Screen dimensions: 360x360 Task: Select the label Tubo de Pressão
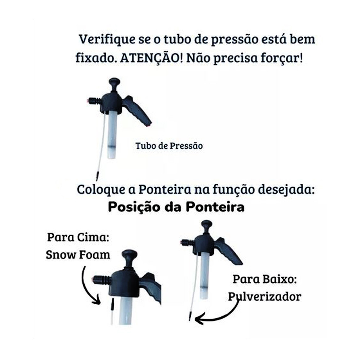(x=169, y=146)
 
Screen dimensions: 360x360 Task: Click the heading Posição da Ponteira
(x=176, y=207)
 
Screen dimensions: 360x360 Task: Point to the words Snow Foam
(x=78, y=255)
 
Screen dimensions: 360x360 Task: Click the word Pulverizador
(x=265, y=297)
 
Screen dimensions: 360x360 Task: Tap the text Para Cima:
(x=78, y=237)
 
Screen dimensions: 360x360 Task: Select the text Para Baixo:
(x=265, y=279)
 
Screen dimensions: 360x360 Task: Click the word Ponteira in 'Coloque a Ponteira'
(x=165, y=190)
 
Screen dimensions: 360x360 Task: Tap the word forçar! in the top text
(x=282, y=58)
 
